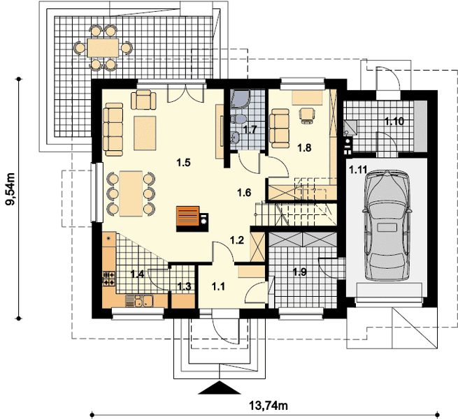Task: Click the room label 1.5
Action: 183,163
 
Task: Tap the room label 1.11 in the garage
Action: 358,170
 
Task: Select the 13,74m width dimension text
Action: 268,405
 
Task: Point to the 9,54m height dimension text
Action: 10,189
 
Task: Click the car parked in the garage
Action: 387,226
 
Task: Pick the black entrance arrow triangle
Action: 219,388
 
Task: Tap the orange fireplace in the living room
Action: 188,216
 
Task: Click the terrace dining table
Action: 103,47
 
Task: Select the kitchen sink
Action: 140,301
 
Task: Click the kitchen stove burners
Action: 109,279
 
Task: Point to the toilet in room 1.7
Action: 239,119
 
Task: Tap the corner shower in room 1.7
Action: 240,98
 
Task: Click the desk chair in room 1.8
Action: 307,115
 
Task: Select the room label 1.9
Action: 300,272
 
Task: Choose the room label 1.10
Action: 394,121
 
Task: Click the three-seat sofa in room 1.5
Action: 113,129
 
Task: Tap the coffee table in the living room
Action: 145,133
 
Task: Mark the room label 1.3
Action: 185,286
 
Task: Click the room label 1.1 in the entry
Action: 218,286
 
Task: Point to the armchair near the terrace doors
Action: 143,100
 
